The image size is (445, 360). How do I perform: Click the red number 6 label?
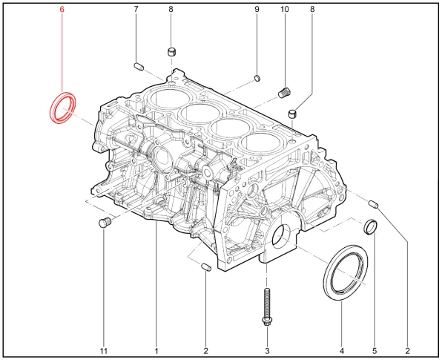coord(62,10)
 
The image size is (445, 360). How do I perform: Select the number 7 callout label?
coord(136,10)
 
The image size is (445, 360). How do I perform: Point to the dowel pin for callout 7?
coord(139,67)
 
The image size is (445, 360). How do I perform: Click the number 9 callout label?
coord(257,10)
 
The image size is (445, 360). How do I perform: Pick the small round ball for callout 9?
coord(257,78)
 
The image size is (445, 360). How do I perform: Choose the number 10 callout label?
coord(284,10)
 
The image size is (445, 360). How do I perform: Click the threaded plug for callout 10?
coord(283,93)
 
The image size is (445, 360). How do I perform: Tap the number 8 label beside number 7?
coord(171,10)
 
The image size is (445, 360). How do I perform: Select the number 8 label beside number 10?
coord(312,10)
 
